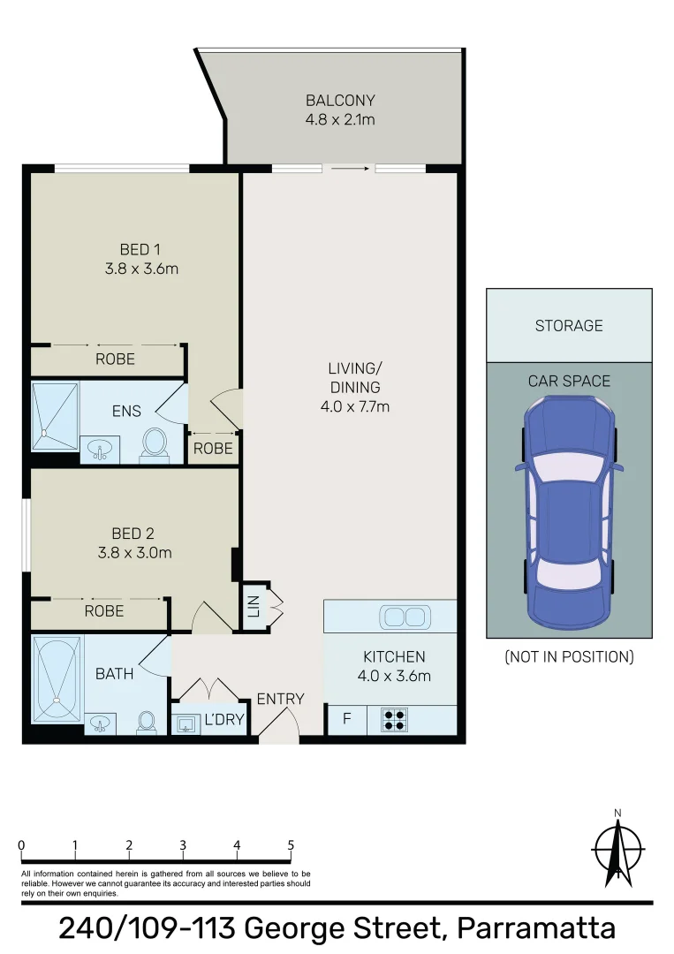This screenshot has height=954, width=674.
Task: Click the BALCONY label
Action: [x=340, y=100]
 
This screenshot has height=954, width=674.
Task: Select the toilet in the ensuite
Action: [x=155, y=443]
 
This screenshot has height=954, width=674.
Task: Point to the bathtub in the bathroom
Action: [x=57, y=678]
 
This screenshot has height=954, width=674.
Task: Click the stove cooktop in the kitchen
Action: [x=394, y=720]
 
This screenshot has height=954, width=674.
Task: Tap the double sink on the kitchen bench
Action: [x=405, y=616]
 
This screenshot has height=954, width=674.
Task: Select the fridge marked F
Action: [x=346, y=719]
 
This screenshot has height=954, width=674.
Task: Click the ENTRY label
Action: [x=280, y=699]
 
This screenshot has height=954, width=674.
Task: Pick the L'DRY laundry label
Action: [x=223, y=721]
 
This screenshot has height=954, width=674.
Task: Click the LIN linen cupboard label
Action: [x=254, y=607]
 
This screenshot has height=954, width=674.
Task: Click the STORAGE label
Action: [x=569, y=326]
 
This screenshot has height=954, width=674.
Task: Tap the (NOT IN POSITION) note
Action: [x=569, y=656]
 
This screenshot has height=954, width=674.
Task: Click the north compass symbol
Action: [x=618, y=850]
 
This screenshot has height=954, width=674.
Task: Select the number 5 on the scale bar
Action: [x=291, y=844]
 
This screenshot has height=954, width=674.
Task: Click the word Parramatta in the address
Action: [x=534, y=929]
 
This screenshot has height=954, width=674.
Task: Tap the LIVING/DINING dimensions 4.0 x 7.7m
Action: [x=354, y=407]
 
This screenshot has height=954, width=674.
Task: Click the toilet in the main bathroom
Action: [x=147, y=723]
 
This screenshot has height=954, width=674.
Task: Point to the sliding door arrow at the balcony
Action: [x=351, y=168]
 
